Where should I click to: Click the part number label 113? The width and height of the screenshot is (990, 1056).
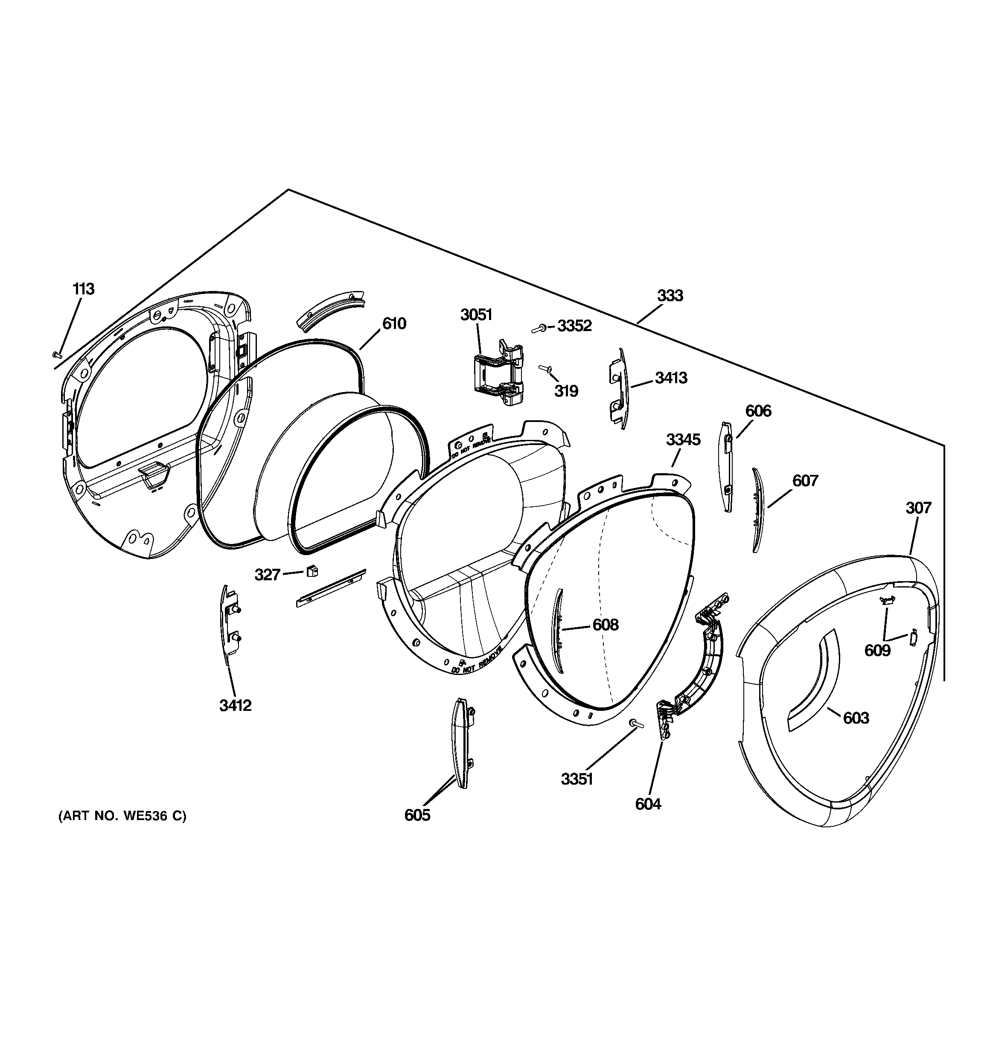tap(84, 290)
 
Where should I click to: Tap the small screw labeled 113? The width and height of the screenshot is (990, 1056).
tap(57, 354)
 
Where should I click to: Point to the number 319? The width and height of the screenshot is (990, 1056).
tap(566, 392)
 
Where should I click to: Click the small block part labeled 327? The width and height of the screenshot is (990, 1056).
tap(312, 572)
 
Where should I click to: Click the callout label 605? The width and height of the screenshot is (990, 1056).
tap(417, 815)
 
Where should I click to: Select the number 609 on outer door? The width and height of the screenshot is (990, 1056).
tap(877, 650)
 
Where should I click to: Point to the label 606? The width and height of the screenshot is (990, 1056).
tap(758, 411)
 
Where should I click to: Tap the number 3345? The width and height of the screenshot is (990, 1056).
tap(683, 440)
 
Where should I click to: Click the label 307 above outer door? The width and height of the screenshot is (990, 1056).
tap(918, 508)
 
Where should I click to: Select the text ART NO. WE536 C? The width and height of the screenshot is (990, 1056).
tap(122, 816)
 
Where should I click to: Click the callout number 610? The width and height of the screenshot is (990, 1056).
tap(394, 323)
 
